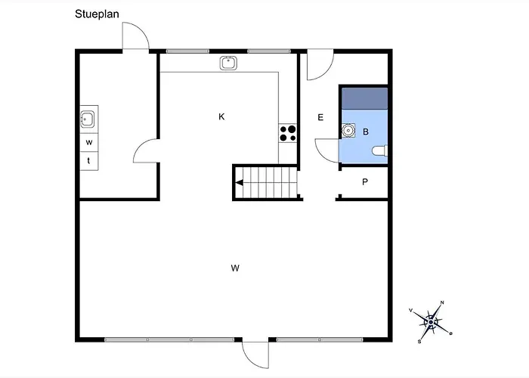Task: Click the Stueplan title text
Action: pos(97,14)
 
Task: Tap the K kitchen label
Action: pos(221,116)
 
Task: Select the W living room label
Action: pos(235,268)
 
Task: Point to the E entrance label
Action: pos(320,117)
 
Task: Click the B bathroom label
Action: pos(366,132)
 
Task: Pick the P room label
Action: pos(365,182)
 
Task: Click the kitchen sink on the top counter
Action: pos(228,63)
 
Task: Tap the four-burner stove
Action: pos(288,133)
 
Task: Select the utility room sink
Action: pos(88,119)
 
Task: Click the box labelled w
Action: pos(89,142)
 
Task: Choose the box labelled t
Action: pos(89,161)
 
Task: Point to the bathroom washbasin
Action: pos(348,130)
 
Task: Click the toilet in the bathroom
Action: pos(380,151)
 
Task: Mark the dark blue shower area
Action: pos(365,98)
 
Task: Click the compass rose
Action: pos(431,322)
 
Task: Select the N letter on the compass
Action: pos(442,302)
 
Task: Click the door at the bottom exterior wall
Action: pos(255,355)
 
